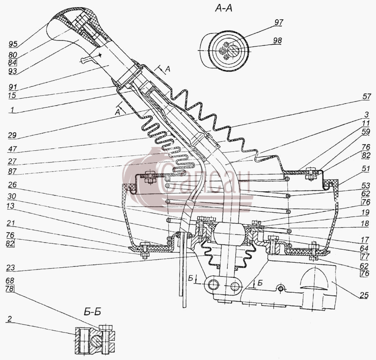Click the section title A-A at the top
pos(224,9)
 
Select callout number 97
pos(279,23)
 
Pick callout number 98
pos(277,40)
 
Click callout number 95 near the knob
pos(13,44)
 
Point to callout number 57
pos(367,96)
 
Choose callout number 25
pos(363,295)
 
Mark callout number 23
pos(10,267)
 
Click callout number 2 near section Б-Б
pos(9,319)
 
